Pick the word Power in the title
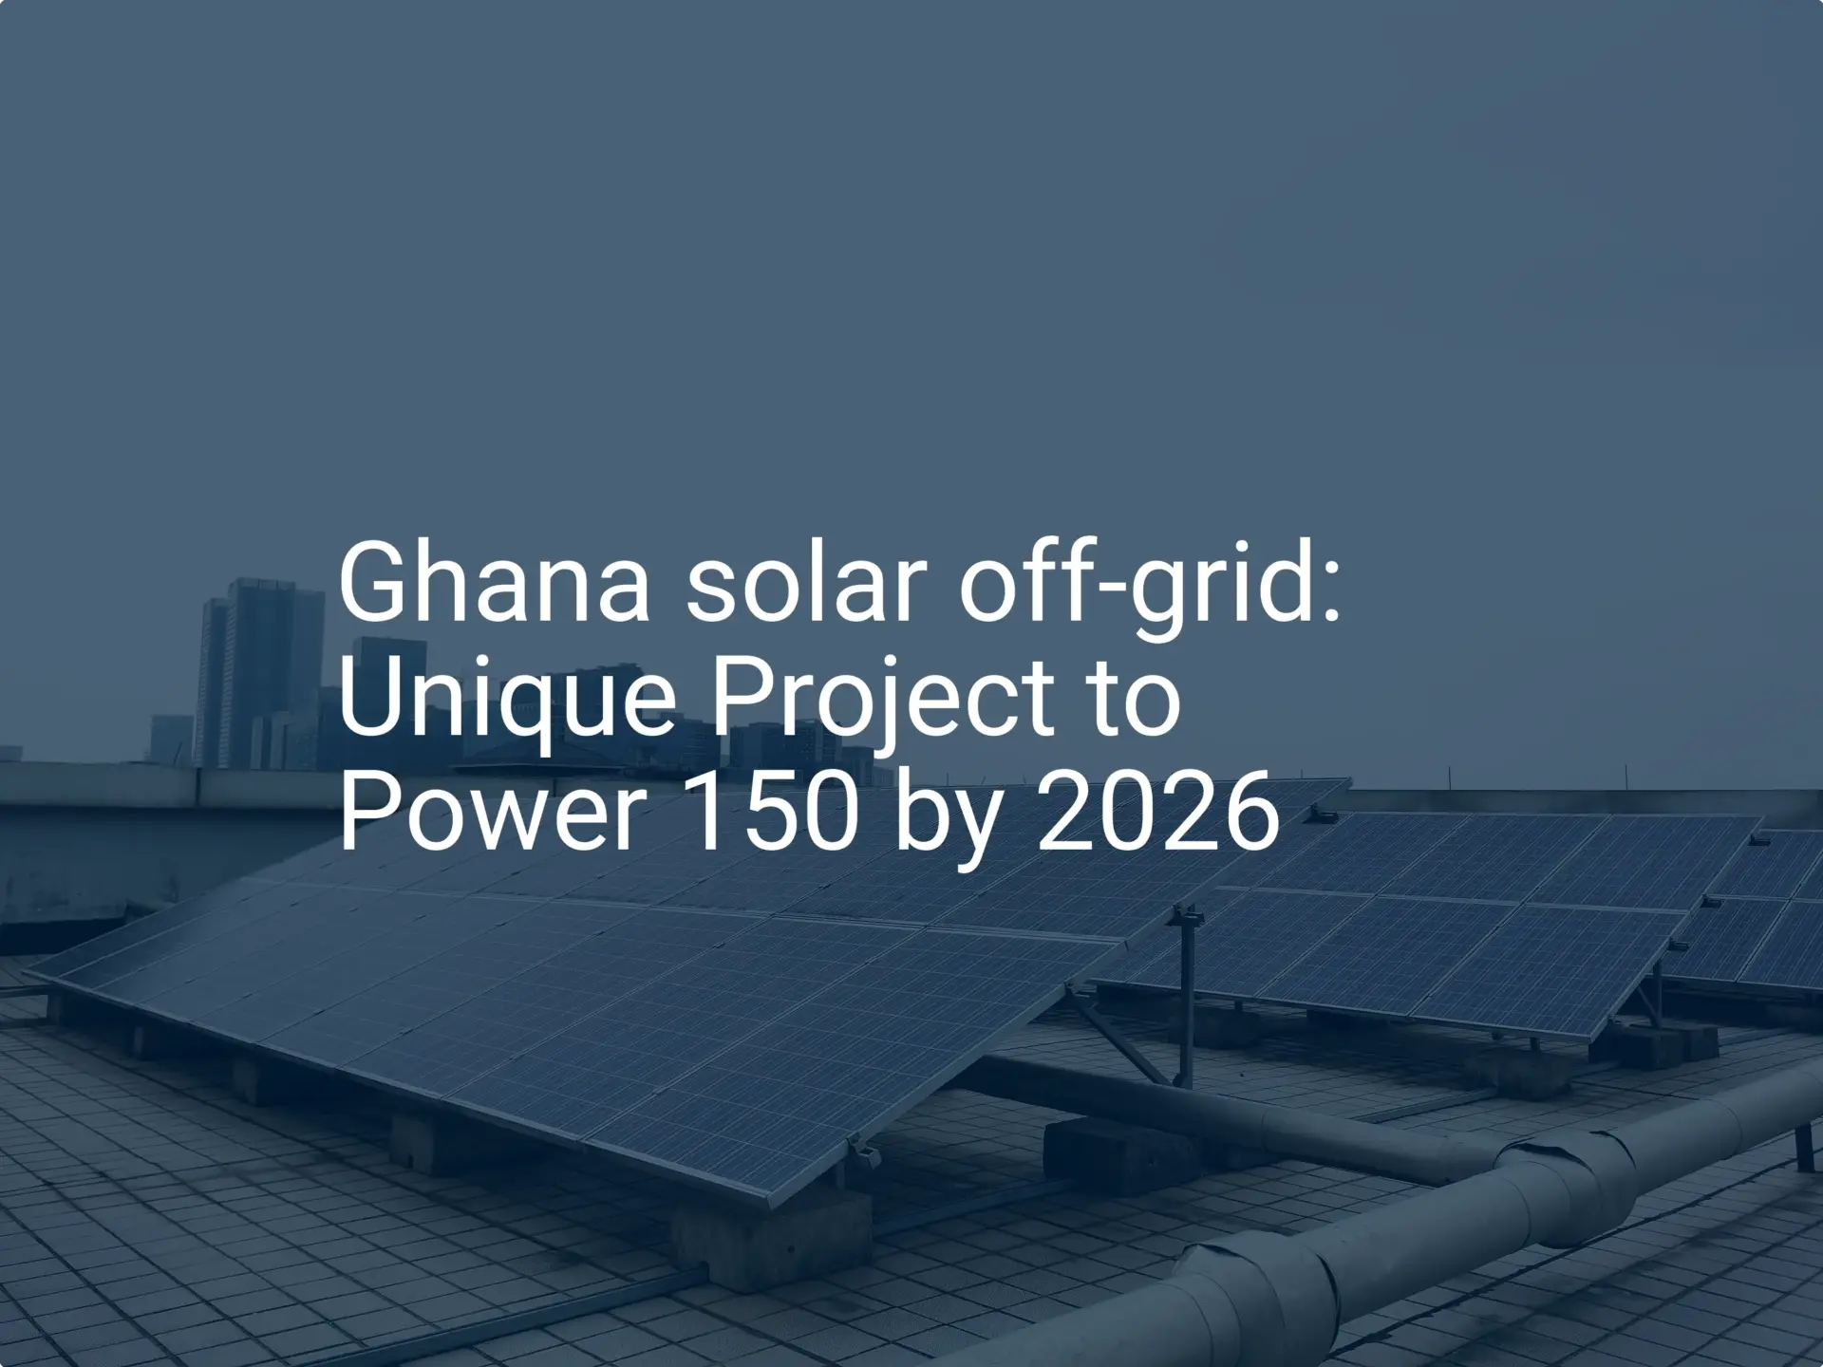(493, 813)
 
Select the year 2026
(1158, 813)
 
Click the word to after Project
(1136, 698)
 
